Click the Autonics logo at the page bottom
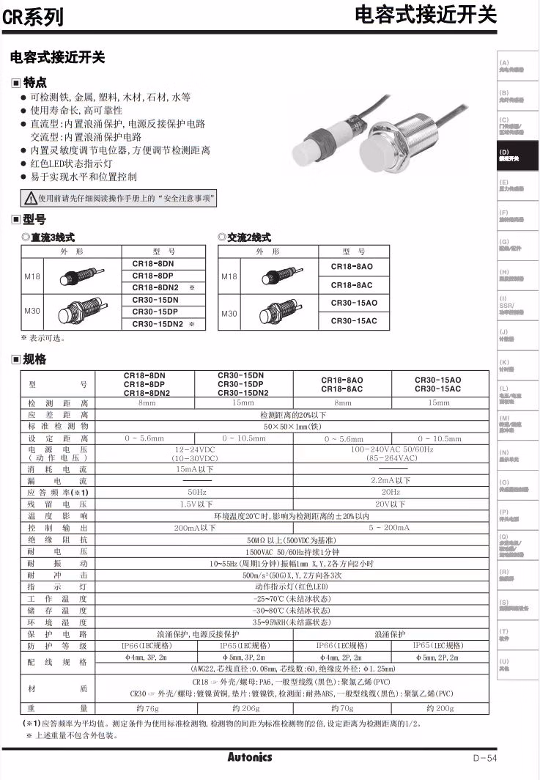pyautogui.click(x=249, y=757)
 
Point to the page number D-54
pyautogui.click(x=484, y=759)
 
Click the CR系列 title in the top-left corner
pyautogui.click(x=33, y=17)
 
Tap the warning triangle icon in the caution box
pyautogui.click(x=30, y=198)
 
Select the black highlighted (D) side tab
pyautogui.click(x=518, y=156)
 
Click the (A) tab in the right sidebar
pyautogui.click(x=518, y=66)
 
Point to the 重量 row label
pyautogui.click(x=58, y=708)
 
